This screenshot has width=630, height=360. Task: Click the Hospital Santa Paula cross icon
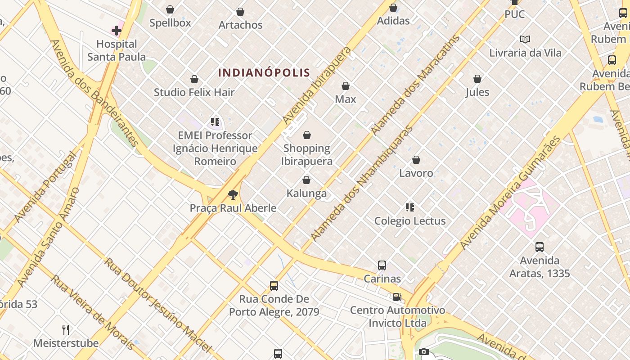(117, 31)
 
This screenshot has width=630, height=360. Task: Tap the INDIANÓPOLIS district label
(264, 72)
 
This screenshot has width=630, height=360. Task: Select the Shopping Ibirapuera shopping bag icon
(307, 135)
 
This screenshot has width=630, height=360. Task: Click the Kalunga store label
(306, 193)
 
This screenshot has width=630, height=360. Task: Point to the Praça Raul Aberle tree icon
(233, 195)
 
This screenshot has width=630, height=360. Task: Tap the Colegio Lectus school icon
(409, 207)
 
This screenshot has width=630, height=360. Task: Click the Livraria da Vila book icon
(525, 40)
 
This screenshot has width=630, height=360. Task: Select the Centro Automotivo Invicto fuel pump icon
(397, 297)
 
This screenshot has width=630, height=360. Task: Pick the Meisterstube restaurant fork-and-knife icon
(66, 330)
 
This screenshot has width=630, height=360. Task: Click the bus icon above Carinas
(382, 265)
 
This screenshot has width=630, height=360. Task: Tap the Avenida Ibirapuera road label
(317, 85)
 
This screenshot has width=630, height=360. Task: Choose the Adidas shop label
(393, 21)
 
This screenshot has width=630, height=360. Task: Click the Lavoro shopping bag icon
(416, 160)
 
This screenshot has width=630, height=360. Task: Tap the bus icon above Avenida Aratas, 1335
(539, 247)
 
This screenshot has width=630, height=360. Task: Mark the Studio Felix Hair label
(194, 92)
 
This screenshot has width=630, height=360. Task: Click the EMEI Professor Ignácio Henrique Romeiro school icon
(215, 122)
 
